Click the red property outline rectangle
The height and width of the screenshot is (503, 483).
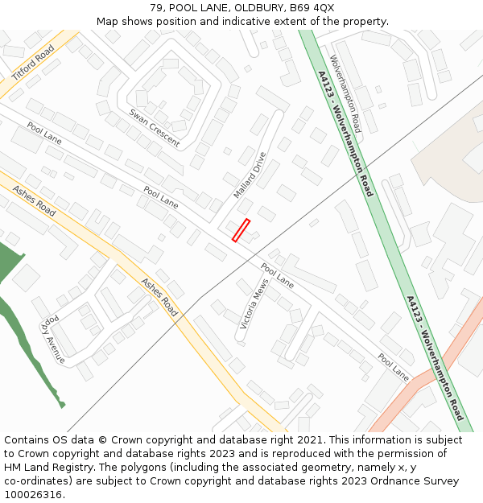[x=242, y=230]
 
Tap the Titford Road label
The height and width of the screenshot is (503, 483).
[x=33, y=63]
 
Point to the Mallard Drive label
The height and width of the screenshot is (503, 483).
[x=250, y=175]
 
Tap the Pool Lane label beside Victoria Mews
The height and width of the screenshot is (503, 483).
[x=277, y=275]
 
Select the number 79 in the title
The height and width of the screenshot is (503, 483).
[x=156, y=8]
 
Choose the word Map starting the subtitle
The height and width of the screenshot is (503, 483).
[x=108, y=22]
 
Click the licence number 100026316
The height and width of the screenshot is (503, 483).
[x=33, y=495]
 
